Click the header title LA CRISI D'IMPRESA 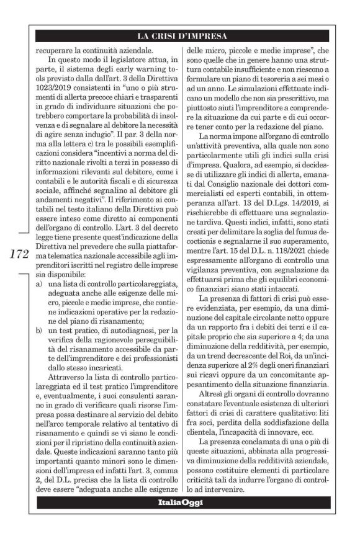pyautogui.click(x=182, y=35)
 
